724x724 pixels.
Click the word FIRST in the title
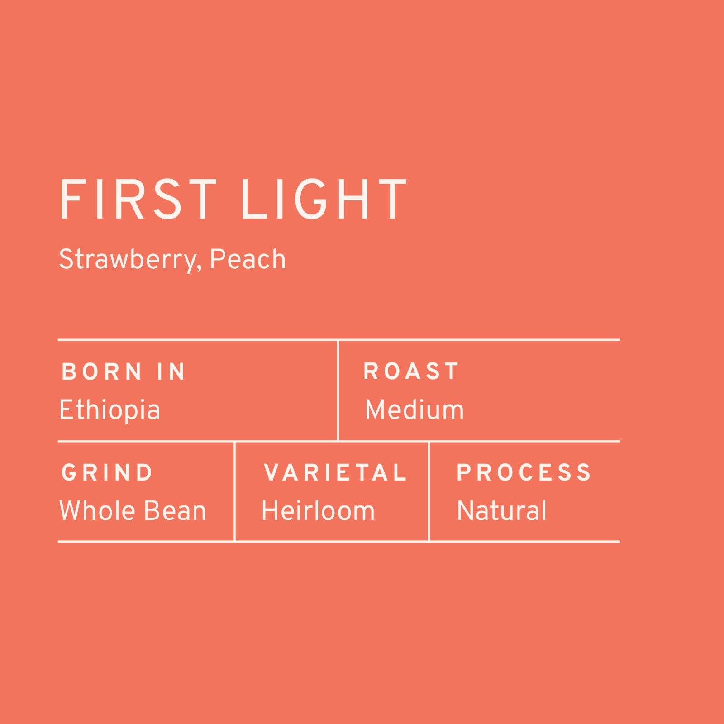click(x=138, y=200)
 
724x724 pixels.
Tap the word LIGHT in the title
click(x=324, y=200)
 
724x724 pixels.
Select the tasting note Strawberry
click(x=128, y=260)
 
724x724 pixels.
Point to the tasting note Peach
click(x=248, y=259)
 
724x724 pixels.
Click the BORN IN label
click(x=124, y=372)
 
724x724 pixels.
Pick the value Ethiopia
click(x=110, y=410)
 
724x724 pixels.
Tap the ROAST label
click(x=411, y=372)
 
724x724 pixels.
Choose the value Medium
click(x=414, y=410)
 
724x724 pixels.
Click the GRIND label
click(x=107, y=473)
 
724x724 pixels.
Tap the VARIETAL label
click(x=335, y=473)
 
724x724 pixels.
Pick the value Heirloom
click(x=318, y=511)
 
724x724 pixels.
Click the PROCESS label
click(x=524, y=473)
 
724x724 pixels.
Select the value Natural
click(x=502, y=511)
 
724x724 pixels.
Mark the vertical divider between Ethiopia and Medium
click(x=338, y=390)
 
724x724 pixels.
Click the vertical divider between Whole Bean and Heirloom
click(x=234, y=491)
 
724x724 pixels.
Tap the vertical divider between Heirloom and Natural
click(x=429, y=491)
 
